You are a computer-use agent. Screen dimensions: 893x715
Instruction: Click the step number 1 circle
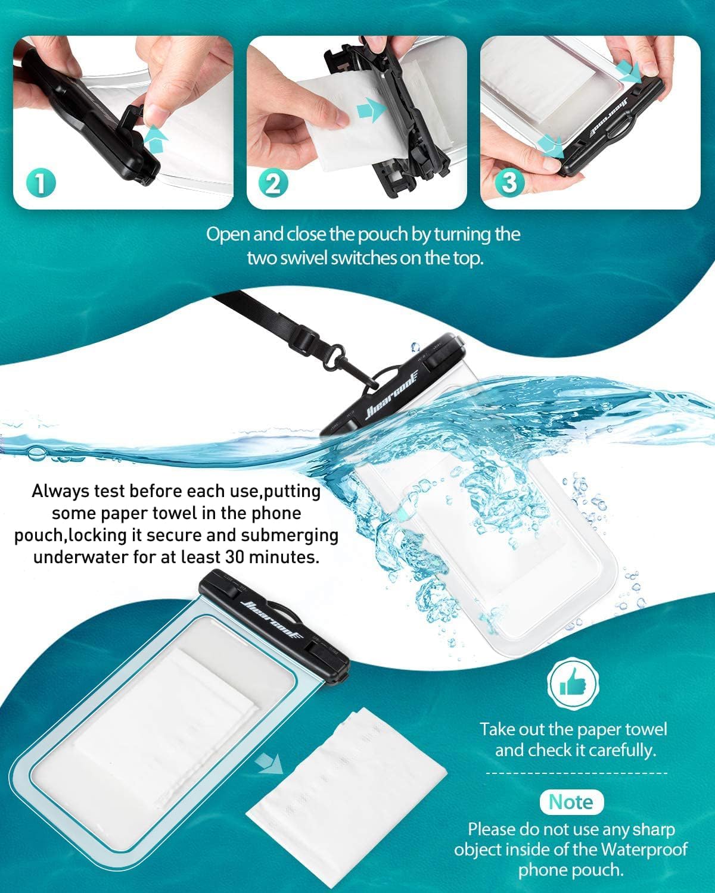tap(41, 183)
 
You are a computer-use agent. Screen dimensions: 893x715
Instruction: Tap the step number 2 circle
tap(273, 183)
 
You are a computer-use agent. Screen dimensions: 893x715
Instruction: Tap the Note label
tap(571, 802)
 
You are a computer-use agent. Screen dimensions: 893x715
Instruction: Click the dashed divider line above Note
tap(577, 773)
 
